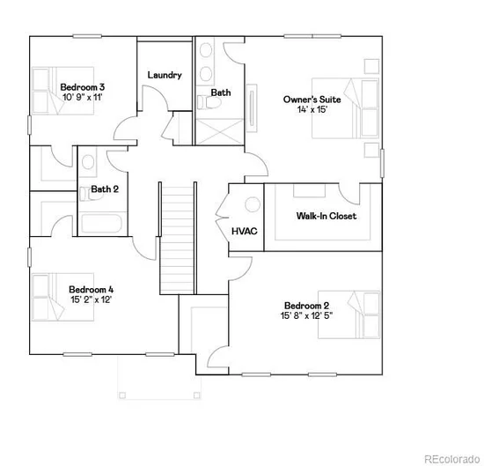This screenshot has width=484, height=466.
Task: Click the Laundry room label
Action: pyautogui.click(x=165, y=75)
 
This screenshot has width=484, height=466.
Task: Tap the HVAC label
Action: pyautogui.click(x=245, y=231)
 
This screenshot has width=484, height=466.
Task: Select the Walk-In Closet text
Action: pyautogui.click(x=326, y=216)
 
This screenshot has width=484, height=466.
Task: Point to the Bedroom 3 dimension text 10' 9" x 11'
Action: pyautogui.click(x=83, y=97)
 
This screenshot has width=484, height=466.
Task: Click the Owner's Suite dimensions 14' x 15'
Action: pyautogui.click(x=312, y=109)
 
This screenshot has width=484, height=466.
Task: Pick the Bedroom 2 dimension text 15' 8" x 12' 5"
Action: pyautogui.click(x=306, y=315)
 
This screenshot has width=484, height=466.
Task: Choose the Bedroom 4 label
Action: pyautogui.click(x=91, y=290)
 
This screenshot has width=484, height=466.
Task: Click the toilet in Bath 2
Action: pyautogui.click(x=88, y=194)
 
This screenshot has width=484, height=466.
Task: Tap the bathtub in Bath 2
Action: pyautogui.click(x=102, y=224)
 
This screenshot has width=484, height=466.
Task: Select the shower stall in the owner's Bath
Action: pyautogui.click(x=220, y=131)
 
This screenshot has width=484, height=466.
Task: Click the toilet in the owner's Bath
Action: pyautogui.click(x=209, y=102)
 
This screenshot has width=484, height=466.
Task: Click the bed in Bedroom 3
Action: pyautogui.click(x=63, y=91)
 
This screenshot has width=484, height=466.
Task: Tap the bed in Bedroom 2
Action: pyautogui.click(x=349, y=314)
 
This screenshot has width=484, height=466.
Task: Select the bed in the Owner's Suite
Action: pyautogui.click(x=346, y=107)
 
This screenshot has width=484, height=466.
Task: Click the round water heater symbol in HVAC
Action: pyautogui.click(x=253, y=204)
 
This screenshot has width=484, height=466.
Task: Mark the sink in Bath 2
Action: pyautogui.click(x=88, y=162)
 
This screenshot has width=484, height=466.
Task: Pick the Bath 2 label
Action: pyautogui.click(x=105, y=189)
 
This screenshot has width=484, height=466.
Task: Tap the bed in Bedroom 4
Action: pyautogui.click(x=63, y=297)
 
